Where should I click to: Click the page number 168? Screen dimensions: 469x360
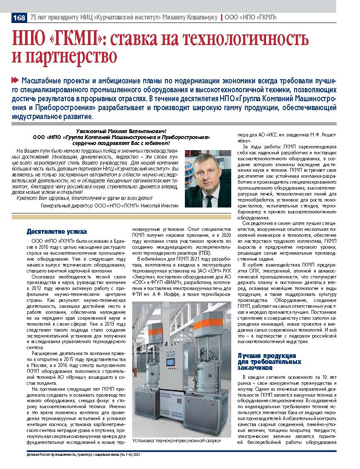click(20, 17)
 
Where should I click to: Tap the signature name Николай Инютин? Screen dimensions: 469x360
click(159, 205)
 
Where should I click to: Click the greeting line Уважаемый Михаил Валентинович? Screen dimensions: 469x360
click(118, 131)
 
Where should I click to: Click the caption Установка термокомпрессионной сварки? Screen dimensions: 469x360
click(176, 441)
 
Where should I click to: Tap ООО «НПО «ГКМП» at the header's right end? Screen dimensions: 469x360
click(250, 17)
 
